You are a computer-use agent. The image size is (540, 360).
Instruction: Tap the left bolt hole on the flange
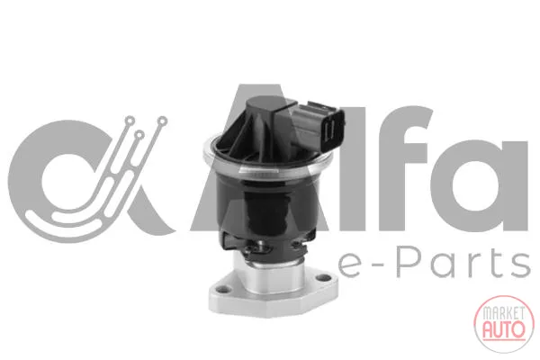pos(224,289)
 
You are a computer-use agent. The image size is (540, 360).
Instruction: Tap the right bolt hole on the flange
pos(322,277)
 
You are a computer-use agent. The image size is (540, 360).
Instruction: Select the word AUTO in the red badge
pos(504,329)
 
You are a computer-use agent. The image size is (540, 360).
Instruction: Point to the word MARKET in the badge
pos(504,313)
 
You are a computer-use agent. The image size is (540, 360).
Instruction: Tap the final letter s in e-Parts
pos(519,266)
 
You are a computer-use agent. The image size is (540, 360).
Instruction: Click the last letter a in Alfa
pos(479,185)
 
